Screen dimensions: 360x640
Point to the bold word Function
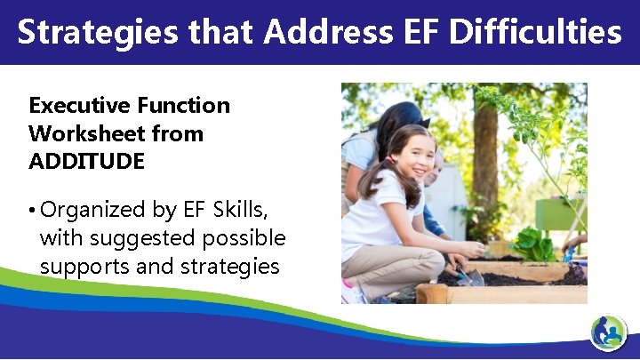pos(183,106)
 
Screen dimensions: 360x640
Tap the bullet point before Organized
pos(33,212)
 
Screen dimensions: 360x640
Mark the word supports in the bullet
pos(80,267)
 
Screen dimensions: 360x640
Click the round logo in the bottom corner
pos(609,334)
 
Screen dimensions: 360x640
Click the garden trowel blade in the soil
pos(472,277)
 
